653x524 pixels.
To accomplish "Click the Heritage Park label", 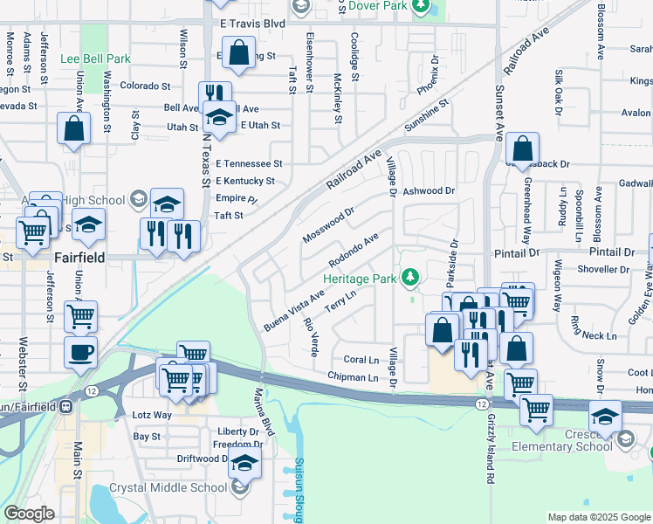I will coord(361,278).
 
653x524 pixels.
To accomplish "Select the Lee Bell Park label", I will coord(95,59).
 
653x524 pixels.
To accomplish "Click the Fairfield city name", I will coord(80,259).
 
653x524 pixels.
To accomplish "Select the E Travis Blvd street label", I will coord(253,24).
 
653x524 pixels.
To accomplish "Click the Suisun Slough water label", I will coord(299,489).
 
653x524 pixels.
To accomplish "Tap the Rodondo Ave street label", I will coord(354,250).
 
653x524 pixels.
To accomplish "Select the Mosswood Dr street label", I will coord(328,224).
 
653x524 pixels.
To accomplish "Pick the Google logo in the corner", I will coord(29,514).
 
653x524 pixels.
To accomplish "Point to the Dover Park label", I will coord(378,5).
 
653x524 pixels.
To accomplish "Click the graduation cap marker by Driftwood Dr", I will coord(245,464).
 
